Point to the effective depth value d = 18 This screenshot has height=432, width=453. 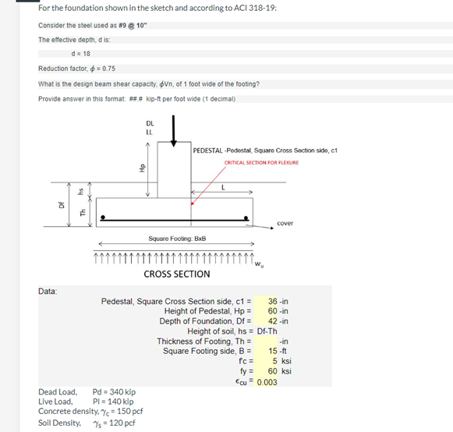tap(80, 53)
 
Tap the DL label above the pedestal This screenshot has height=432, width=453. tap(150, 122)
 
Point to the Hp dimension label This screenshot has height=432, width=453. tap(142, 168)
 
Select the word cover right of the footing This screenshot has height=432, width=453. tap(285, 224)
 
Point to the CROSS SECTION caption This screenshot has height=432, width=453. tap(176, 274)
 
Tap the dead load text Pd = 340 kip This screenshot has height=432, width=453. tap(114, 391)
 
